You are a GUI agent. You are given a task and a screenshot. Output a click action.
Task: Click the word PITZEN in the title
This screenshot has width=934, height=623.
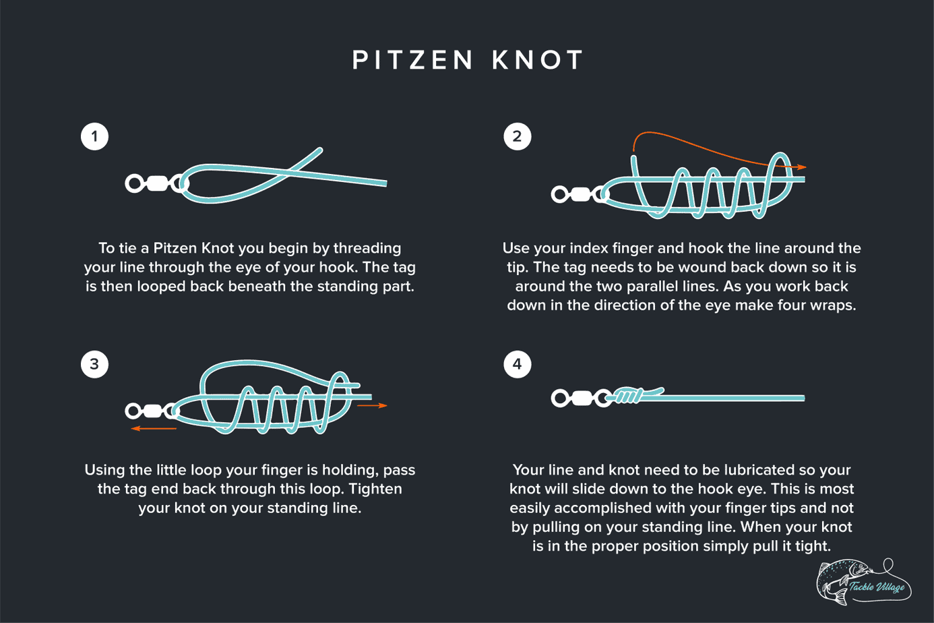413,60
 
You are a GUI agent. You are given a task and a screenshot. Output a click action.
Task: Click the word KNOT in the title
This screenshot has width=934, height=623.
537,60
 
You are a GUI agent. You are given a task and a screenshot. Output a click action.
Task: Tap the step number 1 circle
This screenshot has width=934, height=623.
94,137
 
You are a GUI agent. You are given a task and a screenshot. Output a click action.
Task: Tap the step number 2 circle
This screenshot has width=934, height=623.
517,137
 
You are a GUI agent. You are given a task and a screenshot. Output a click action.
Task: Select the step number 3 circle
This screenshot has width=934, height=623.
94,365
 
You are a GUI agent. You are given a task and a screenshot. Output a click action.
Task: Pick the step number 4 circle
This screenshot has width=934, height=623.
517,365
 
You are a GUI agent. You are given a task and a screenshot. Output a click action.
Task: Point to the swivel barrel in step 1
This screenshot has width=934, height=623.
156,183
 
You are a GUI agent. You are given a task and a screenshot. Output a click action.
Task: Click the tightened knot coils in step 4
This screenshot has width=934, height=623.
628,396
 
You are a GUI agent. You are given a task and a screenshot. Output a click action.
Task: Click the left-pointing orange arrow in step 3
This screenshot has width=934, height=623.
154,428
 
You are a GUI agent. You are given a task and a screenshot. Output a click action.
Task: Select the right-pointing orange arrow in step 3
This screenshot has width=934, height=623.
372,406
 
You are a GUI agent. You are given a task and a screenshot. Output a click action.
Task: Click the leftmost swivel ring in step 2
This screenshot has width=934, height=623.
559,195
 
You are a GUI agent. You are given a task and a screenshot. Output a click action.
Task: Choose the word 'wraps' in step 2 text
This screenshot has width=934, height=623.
833,305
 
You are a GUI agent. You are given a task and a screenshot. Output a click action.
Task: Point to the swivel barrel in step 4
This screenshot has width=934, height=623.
582,398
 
